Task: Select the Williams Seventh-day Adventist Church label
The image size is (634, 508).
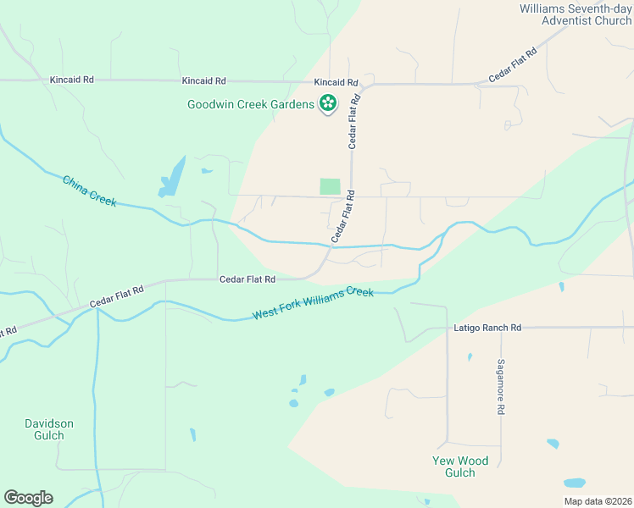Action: pos(576,14)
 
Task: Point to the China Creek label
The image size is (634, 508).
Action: pos(89,190)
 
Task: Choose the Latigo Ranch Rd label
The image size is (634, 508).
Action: pos(487,327)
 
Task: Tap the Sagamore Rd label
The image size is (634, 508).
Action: pos(501,385)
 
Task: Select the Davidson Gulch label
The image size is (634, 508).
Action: pos(49,429)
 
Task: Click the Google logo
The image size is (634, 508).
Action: pos(28,498)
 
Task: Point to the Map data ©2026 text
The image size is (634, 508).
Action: pos(598,500)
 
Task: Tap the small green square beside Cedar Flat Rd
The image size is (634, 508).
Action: pos(330,186)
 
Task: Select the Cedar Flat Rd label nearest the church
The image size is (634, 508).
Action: pos(514,66)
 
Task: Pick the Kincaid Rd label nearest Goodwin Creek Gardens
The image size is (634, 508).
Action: pos(336,82)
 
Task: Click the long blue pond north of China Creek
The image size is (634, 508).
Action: pos(171,179)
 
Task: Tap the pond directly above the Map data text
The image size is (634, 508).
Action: pos(575,483)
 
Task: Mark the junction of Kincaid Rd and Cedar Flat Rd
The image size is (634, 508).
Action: pos(363,86)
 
